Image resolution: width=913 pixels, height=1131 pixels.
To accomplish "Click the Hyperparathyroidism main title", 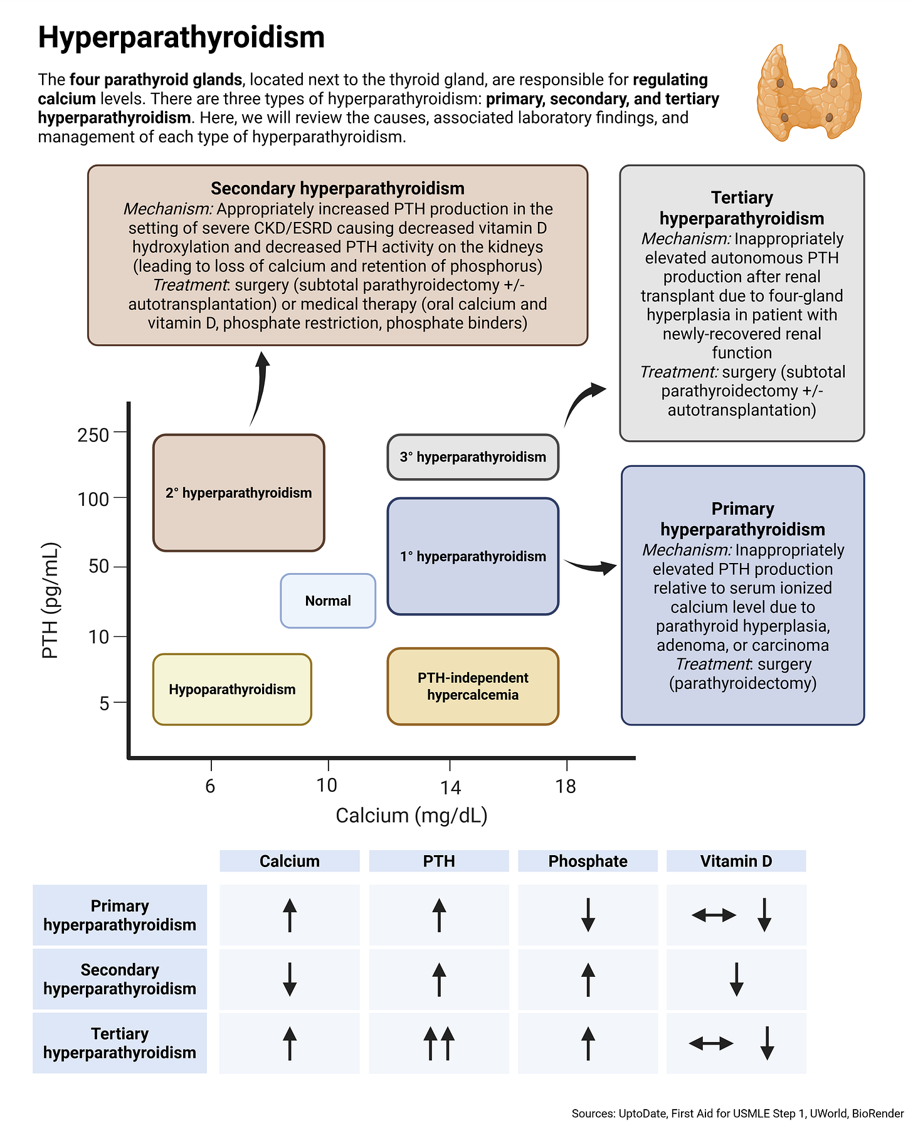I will click(x=181, y=38).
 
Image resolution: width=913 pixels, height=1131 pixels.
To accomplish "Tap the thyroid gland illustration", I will click(x=808, y=92).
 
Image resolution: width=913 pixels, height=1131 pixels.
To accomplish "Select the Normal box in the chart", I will click(x=328, y=601).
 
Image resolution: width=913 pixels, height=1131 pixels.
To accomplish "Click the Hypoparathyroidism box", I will click(x=232, y=690).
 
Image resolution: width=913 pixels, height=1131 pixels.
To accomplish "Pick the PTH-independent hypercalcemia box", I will click(x=473, y=686).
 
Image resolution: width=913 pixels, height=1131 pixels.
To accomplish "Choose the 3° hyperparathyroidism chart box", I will click(x=473, y=457).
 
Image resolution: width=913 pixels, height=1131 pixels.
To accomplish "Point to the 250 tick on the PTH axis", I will click(x=93, y=434).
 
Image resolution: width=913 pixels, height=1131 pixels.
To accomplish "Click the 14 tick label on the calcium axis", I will click(x=450, y=787).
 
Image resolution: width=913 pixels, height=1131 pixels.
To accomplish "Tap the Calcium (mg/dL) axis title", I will click(x=411, y=815).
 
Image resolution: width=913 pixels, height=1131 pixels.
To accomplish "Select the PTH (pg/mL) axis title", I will click(x=50, y=601).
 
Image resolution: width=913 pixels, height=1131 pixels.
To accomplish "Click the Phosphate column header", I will click(x=588, y=861).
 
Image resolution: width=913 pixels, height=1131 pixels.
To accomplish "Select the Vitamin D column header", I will click(x=736, y=861).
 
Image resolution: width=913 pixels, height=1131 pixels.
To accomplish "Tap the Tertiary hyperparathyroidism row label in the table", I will click(x=120, y=1043).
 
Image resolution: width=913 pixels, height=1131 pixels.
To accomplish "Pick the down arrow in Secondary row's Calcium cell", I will click(x=289, y=979).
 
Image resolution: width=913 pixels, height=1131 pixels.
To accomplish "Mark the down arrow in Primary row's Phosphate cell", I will click(x=588, y=915).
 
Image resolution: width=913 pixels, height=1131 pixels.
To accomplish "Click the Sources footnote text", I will click(x=737, y=1113).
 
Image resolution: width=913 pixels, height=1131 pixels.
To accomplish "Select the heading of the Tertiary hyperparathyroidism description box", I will click(x=742, y=208).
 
